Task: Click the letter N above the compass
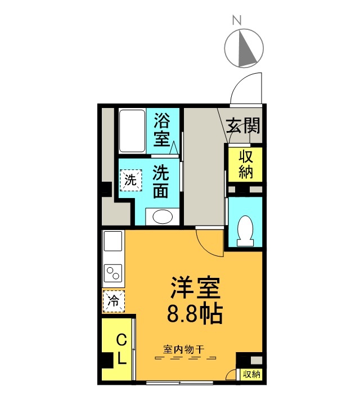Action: (x=237, y=20)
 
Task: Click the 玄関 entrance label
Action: (x=243, y=125)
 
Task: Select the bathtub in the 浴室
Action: (x=132, y=131)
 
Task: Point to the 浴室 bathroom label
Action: (x=162, y=130)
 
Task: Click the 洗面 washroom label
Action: (x=161, y=181)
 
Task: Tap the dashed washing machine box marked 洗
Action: (x=131, y=180)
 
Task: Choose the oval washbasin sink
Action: (x=163, y=217)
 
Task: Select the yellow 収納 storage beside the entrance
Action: (x=245, y=164)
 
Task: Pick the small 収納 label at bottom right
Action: (x=251, y=373)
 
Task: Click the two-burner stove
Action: (x=113, y=273)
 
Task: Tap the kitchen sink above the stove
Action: (x=113, y=241)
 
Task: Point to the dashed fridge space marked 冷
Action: (x=114, y=301)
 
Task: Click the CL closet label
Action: (x=121, y=349)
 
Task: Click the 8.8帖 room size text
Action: (x=195, y=314)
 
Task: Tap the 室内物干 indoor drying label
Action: (x=184, y=349)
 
